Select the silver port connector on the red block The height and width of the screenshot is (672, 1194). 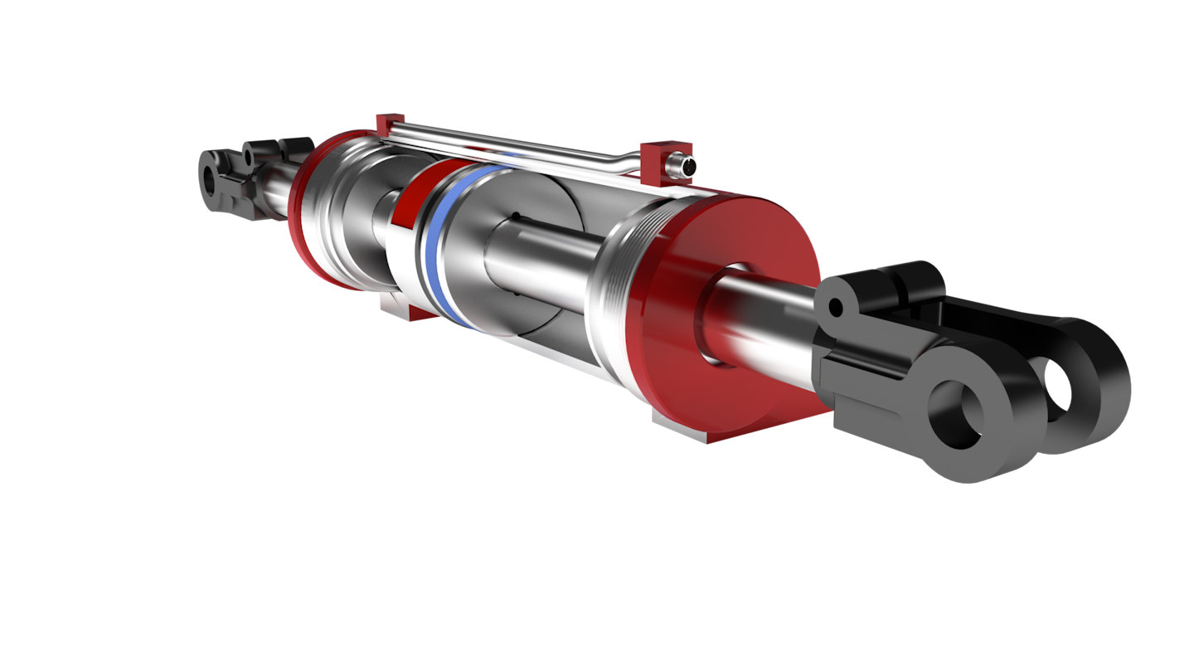point(683,166)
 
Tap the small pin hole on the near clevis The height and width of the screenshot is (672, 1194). point(836,309)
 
